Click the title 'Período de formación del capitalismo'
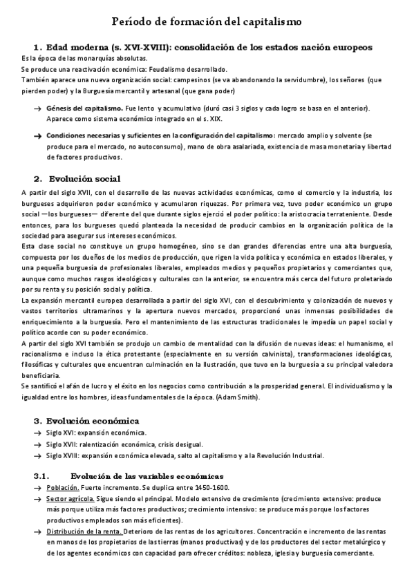pos(207,22)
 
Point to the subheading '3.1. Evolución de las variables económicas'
pos(128,477)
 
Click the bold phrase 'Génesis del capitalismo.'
pos(85,108)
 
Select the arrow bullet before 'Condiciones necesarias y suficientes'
pos(37,136)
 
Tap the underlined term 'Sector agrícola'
pos(70,498)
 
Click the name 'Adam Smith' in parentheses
pos(236,397)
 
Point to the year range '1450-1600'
pos(214,488)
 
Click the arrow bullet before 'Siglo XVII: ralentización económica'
pos(37,444)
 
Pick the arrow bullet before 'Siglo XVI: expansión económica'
pos(37,433)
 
